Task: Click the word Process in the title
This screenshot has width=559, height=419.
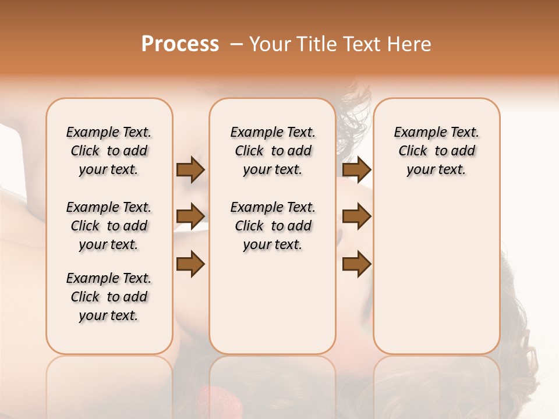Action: pyautogui.click(x=180, y=44)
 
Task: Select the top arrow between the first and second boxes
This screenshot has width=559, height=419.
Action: pyautogui.click(x=190, y=170)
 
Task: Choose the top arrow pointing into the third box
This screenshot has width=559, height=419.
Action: pyautogui.click(x=356, y=170)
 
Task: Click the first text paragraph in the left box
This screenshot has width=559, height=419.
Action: pyautogui.click(x=109, y=151)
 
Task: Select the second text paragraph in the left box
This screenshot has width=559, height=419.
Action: pyautogui.click(x=109, y=226)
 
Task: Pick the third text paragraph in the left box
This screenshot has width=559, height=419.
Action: pyautogui.click(x=109, y=297)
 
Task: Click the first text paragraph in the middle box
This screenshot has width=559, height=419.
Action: pyautogui.click(x=273, y=151)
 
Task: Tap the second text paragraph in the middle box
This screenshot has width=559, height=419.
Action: pyautogui.click(x=273, y=226)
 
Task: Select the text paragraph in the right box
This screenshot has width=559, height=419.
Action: pyautogui.click(x=437, y=151)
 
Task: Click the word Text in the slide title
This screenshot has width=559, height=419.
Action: pyautogui.click(x=362, y=44)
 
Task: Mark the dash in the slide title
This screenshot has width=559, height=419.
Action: pyautogui.click(x=236, y=44)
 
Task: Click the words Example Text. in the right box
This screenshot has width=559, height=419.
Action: pyautogui.click(x=437, y=132)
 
